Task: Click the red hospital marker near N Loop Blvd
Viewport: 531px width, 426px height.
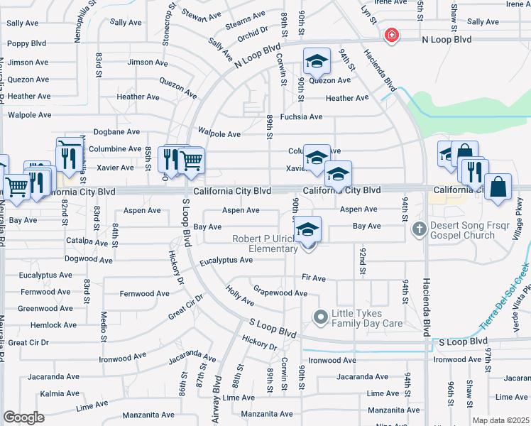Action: click(x=390, y=35)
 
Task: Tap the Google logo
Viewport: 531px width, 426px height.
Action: click(x=23, y=417)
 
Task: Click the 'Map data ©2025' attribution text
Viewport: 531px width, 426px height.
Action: click(x=500, y=420)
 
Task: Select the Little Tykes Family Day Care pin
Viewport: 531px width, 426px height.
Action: click(x=320, y=316)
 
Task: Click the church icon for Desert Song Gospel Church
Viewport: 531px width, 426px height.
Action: click(x=419, y=229)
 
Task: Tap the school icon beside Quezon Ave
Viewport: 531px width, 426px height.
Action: click(x=317, y=62)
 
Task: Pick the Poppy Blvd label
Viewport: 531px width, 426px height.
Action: click(x=26, y=43)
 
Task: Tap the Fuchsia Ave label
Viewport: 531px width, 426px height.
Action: click(x=301, y=116)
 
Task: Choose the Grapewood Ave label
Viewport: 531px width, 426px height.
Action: click(x=280, y=293)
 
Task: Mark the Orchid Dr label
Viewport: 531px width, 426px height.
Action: click(x=253, y=31)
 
